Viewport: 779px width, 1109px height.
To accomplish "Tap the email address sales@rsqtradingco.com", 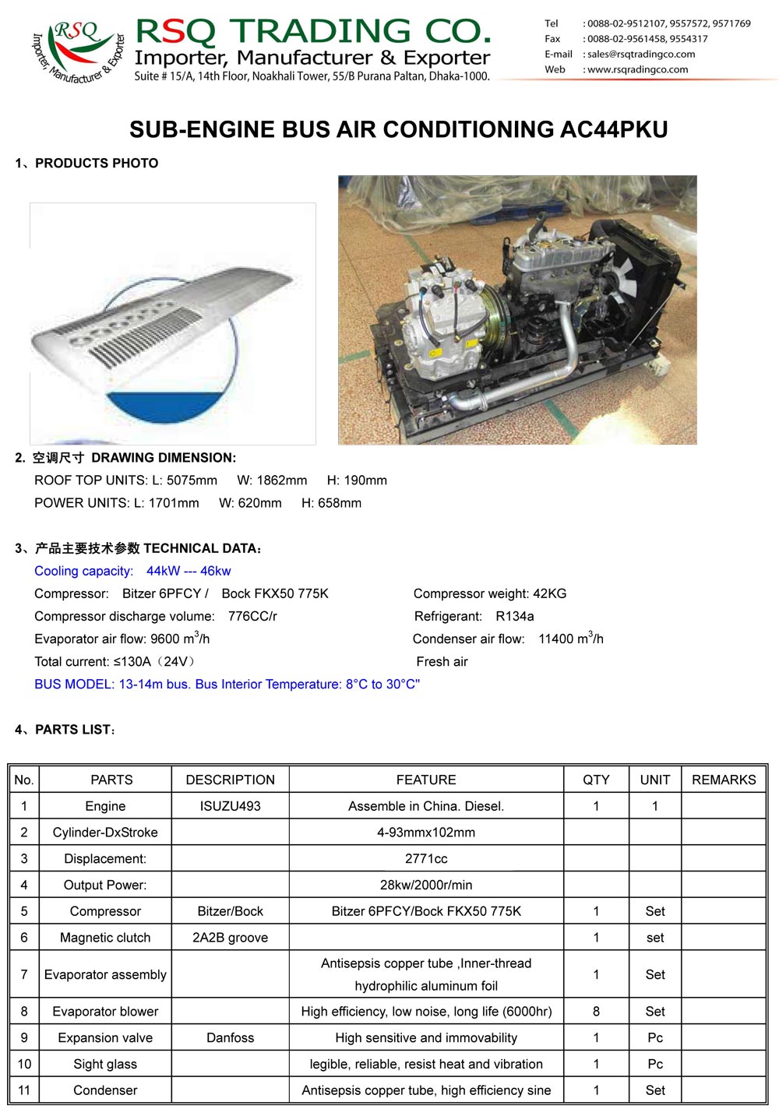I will tap(640, 55).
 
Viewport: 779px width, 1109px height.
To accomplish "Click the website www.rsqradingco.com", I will tap(637, 69).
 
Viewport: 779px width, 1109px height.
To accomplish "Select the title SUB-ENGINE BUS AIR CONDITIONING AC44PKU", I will tap(398, 129).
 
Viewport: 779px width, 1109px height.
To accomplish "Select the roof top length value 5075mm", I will tap(192, 481).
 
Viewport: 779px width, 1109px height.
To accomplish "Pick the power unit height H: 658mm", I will tap(331, 503).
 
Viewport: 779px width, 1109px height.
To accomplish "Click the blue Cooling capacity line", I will tap(132, 571).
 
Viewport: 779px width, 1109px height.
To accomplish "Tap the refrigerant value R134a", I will tap(514, 616).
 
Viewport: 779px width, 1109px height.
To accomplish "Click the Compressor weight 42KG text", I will tap(490, 593).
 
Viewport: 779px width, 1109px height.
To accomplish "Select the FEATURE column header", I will tap(426, 780).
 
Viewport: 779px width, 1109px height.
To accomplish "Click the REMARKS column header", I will tap(724, 780).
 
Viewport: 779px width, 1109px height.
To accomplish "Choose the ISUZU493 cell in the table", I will tap(230, 806).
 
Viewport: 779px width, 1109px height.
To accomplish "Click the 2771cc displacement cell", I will tap(426, 858).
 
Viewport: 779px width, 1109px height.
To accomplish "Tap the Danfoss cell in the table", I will tap(230, 1037).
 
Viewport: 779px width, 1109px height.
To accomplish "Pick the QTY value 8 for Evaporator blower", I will tap(596, 1011).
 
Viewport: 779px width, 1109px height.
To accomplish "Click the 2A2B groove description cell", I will tap(230, 938).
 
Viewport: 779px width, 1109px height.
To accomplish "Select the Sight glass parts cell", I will tap(105, 1064).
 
